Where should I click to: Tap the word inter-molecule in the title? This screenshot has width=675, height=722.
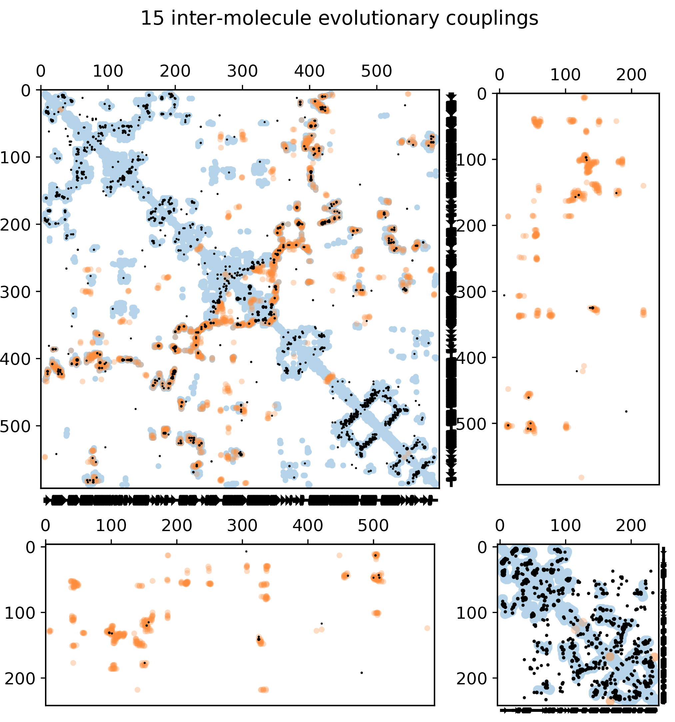(241, 18)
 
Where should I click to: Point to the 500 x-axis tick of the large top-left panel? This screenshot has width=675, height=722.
(376, 71)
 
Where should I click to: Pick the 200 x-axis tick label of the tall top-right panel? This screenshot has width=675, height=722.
(631, 75)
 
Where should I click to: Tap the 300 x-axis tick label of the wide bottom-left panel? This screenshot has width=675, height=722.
(242, 525)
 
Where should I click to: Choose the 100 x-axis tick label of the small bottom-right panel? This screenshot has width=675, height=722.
(565, 525)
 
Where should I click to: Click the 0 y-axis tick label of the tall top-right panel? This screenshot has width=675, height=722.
(481, 94)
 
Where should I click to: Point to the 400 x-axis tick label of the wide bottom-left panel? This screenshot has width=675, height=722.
(308, 525)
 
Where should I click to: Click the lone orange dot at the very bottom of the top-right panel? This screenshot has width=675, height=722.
(581, 477)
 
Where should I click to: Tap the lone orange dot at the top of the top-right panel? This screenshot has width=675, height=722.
(584, 97)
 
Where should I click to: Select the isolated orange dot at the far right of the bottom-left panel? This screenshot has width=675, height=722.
(427, 628)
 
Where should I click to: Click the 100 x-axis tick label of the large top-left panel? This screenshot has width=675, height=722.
(108, 71)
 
